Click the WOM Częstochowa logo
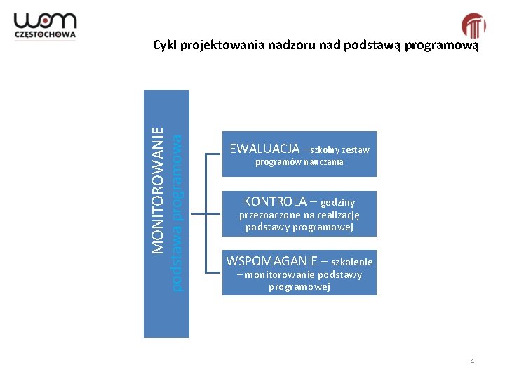(46, 26)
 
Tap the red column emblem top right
(473, 26)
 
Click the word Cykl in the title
(165, 46)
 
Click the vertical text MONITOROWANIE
(159, 189)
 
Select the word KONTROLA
(274, 201)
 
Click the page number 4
(472, 361)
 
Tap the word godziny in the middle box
(338, 202)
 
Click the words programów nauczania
(299, 162)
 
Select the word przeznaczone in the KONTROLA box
(269, 215)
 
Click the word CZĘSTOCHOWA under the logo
(46, 36)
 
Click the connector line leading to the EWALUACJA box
(213, 152)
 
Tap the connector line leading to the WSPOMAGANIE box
(213, 270)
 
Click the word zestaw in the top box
(356, 150)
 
